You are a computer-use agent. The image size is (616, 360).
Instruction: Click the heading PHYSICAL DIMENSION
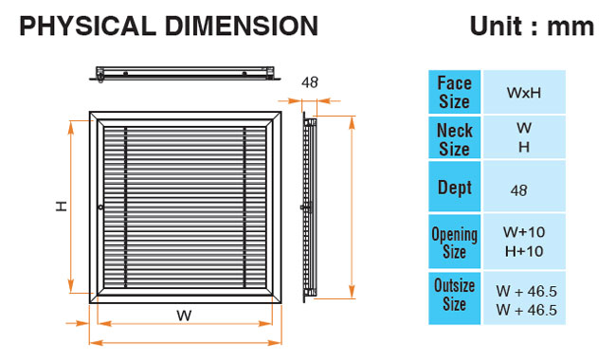click(x=169, y=27)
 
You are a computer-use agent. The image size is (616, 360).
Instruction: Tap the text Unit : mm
click(x=532, y=27)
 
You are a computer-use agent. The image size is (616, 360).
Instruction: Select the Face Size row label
click(x=454, y=92)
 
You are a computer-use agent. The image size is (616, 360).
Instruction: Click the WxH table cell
click(x=524, y=93)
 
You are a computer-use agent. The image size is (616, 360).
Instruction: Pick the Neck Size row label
click(x=454, y=139)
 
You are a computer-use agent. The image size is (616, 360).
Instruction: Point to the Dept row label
click(x=454, y=188)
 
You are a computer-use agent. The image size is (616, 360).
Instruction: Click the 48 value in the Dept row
click(x=518, y=190)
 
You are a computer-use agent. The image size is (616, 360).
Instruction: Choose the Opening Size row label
click(x=454, y=242)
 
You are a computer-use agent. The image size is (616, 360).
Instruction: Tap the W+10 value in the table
click(x=524, y=232)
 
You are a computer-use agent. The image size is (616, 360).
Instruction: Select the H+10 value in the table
click(x=524, y=251)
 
